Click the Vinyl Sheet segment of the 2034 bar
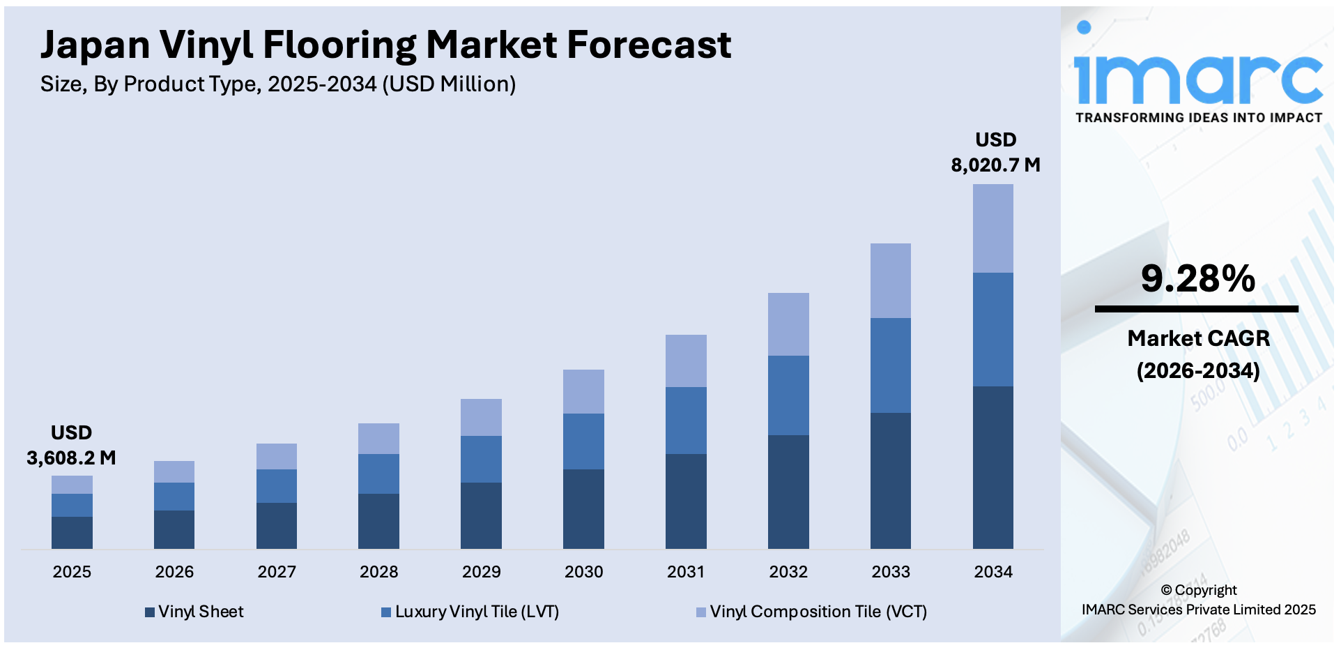993,467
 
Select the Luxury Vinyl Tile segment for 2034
993,329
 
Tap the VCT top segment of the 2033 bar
890,280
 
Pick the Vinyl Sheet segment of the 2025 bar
72,532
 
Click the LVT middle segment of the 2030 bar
583,441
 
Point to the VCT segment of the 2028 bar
378,438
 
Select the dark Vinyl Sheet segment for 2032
788,492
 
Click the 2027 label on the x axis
277,572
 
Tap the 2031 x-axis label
686,572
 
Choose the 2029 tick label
481,572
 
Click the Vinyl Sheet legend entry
194,612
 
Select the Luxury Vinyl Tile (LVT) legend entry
470,612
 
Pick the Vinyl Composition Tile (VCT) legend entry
812,612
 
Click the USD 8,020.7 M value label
995,153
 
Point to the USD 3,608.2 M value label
71,446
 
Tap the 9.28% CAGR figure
1197,278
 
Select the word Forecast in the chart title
648,45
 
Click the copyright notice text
1198,600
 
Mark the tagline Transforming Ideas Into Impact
1198,118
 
